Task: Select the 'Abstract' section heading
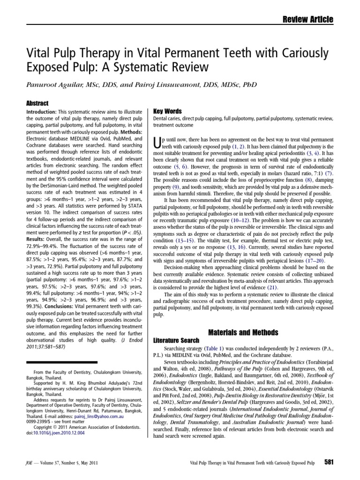point(38,102)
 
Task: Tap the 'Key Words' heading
point(167,112)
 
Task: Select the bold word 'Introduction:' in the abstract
point(42,112)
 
